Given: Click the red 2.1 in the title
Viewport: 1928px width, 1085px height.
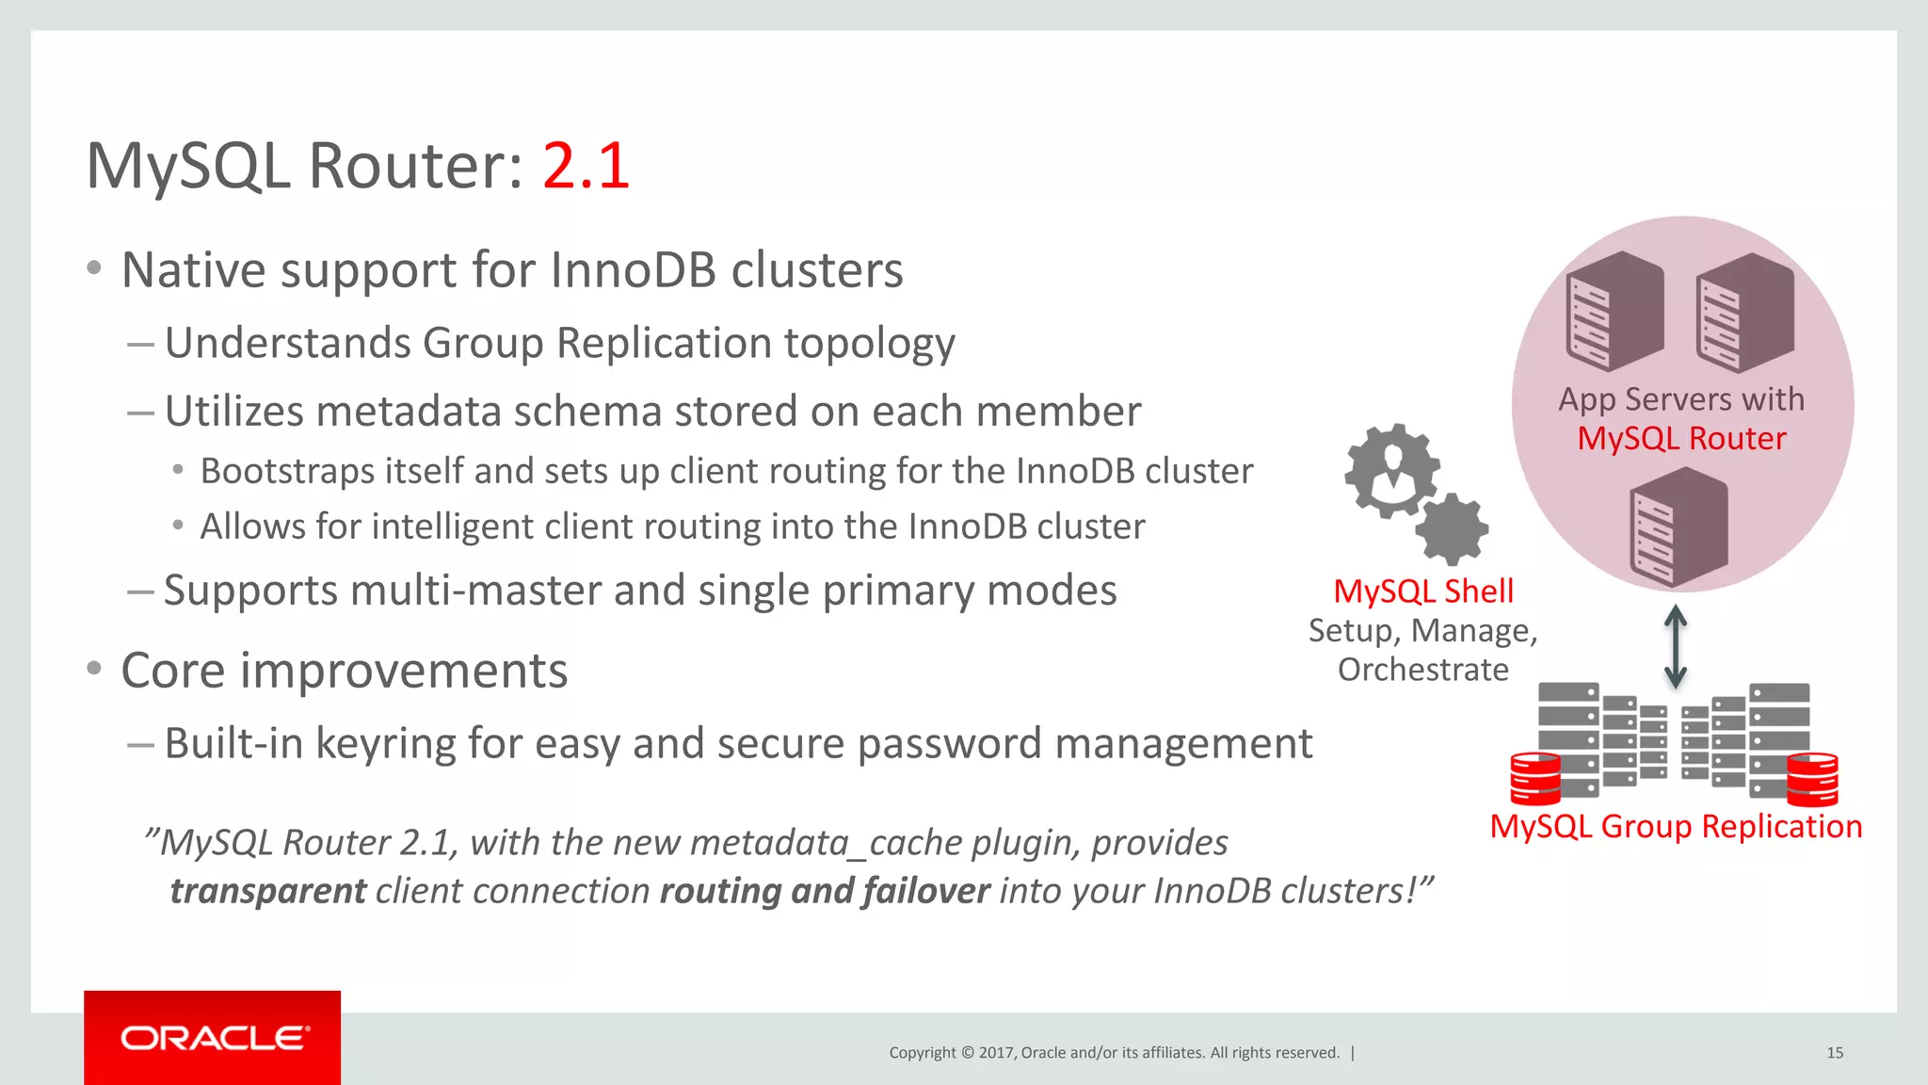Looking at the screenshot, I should point(586,167).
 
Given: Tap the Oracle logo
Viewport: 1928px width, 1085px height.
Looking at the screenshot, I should point(213,1038).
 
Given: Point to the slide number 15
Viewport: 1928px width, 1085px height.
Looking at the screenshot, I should point(1834,1053).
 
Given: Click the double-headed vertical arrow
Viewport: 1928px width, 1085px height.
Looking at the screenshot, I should point(1676,646).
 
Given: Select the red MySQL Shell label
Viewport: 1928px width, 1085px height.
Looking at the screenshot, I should point(1423,591).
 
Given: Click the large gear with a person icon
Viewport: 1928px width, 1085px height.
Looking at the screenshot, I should point(1391,470).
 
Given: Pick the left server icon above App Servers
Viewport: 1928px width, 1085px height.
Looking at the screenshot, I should point(1615,311).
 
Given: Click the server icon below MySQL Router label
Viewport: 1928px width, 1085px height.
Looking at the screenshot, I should point(1679,526).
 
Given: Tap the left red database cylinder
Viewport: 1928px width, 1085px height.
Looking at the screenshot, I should point(1534,778).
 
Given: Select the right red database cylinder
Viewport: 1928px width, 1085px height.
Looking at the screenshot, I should point(1812,779).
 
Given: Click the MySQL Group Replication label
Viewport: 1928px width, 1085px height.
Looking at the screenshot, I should point(1676,826).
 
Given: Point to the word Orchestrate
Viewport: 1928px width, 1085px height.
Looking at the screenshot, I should point(1422,670).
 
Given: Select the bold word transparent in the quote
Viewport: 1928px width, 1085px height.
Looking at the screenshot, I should point(267,891).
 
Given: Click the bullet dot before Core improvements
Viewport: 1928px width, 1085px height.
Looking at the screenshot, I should point(93,669).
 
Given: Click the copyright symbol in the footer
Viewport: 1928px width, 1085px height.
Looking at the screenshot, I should point(967,1053).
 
